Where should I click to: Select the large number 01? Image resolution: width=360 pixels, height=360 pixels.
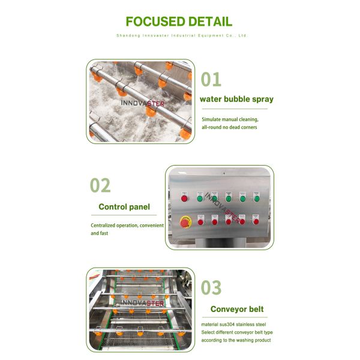pos(211,79)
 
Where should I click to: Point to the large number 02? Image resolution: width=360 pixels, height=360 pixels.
pos(100,185)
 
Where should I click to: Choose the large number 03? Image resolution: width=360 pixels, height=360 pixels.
pos(211,288)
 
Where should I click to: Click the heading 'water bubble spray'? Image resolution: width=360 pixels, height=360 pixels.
pos(236,99)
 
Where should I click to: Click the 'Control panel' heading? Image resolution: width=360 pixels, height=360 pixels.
pos(124,207)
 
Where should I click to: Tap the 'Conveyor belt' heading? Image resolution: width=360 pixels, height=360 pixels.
pos(237,310)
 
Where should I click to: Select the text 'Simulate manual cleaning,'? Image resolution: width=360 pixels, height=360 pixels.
pos(229,119)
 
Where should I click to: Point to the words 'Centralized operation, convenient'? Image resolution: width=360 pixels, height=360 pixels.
pos(127,226)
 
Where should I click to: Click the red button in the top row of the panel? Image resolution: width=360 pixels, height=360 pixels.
pos(184,198)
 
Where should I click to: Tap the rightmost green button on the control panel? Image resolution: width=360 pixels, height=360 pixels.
pos(257,198)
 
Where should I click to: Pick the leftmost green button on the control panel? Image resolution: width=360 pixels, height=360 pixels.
pos(199,198)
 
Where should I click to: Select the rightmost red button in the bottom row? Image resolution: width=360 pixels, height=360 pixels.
pos(256,221)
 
